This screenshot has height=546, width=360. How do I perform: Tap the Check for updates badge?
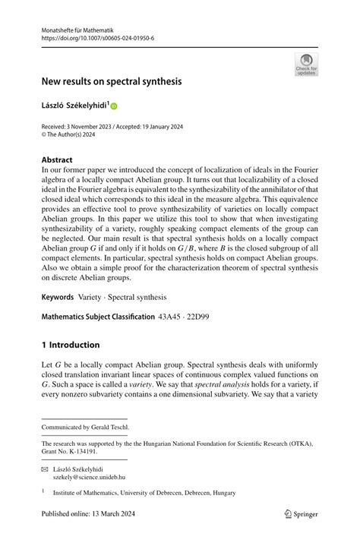306,64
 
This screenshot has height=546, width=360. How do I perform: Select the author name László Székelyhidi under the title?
76,106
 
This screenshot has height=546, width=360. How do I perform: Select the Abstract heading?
57,160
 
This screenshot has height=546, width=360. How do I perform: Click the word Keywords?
58,297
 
